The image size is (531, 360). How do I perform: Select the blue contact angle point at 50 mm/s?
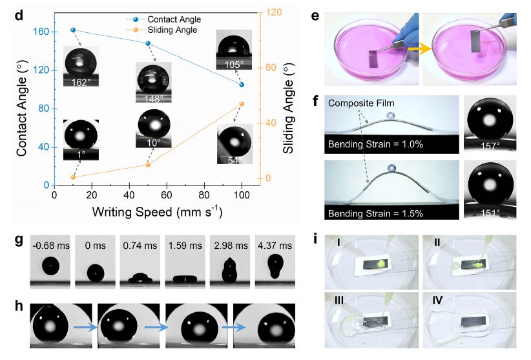(x=147, y=43)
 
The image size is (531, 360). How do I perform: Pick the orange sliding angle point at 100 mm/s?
(x=242, y=104)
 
